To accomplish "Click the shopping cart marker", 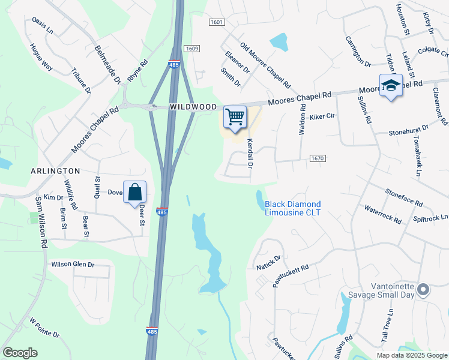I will (235, 116).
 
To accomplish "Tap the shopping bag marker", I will (135, 193).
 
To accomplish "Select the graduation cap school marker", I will (390, 85).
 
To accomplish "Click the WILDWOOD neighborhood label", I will (193, 106).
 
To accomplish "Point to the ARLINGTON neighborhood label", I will (56, 171).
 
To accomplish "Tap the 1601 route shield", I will (217, 22).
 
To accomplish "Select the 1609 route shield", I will (192, 48).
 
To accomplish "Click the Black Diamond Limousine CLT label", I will (293, 208).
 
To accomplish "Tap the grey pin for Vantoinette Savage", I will (423, 290).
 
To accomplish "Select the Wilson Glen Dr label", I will (73, 264).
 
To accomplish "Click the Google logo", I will (20, 353).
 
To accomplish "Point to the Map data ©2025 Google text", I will (411, 355).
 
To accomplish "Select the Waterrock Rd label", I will (382, 214).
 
